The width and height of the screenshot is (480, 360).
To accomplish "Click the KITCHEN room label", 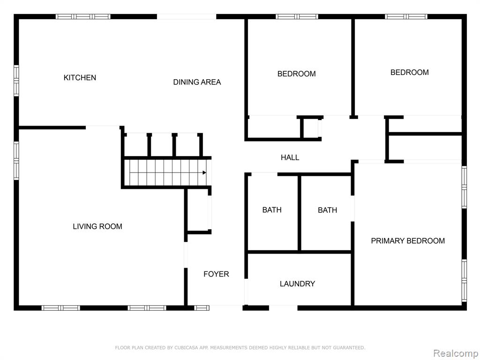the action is (80, 78).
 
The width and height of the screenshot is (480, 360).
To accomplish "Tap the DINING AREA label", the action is (197, 82).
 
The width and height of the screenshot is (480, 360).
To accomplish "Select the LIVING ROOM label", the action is (97, 226).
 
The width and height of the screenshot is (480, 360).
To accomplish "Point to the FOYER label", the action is (216, 274).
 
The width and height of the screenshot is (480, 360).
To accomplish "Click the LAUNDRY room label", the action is (297, 284).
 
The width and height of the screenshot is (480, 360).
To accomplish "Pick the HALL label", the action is (290, 157).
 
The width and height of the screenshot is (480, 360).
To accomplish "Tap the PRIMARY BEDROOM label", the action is (408, 241).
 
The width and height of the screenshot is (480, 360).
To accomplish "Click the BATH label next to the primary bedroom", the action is (327, 210).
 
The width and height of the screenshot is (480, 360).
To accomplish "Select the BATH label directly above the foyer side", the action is (272, 210).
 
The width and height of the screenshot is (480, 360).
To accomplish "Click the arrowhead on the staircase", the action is (204, 172).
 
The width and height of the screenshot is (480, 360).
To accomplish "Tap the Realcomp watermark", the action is (455, 353).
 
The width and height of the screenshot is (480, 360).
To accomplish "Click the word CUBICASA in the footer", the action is (186, 347).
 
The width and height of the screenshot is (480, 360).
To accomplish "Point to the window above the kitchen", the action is (83, 16).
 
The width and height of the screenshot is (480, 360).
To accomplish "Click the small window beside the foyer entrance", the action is (202, 307).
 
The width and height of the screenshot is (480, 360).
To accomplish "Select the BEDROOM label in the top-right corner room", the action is (409, 73).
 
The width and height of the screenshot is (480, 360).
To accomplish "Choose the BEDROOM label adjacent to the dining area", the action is (296, 74).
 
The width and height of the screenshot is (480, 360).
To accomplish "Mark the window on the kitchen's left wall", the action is (16, 81).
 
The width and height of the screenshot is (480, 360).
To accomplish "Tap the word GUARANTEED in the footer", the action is (348, 347).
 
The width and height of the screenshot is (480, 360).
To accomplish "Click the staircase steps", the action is (167, 172).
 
